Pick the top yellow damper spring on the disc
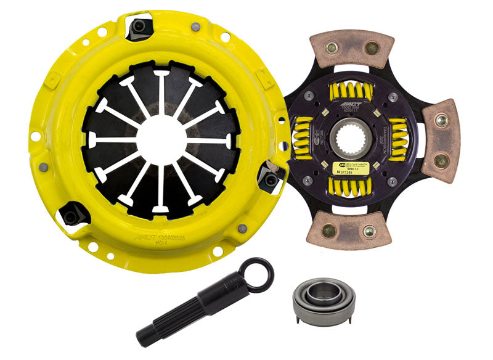[x=351, y=93]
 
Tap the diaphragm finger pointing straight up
[x=160, y=92]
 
